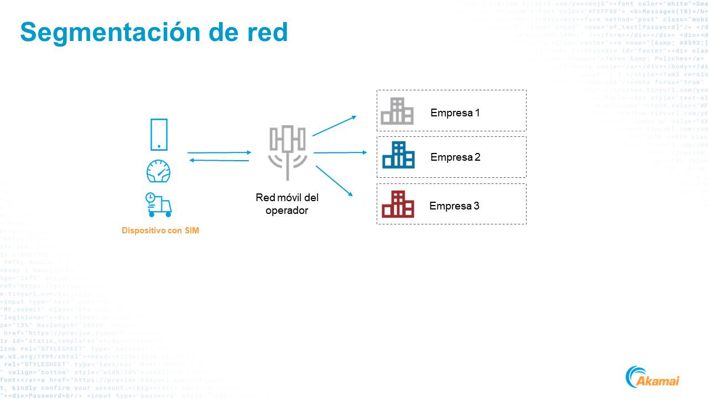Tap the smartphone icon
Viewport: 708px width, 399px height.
point(159,134)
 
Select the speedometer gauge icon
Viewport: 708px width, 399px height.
point(159,171)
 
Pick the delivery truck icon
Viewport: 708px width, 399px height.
point(159,204)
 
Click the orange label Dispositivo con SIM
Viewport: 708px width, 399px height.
point(160,231)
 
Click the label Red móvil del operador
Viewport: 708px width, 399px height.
point(287,204)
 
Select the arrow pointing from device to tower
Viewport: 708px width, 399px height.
point(219,152)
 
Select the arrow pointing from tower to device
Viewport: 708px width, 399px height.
point(219,161)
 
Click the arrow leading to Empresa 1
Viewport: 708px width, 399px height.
point(334,126)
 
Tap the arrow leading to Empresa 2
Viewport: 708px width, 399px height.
point(340,152)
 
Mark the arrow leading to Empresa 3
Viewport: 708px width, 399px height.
point(334,180)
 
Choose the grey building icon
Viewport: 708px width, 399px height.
point(397,111)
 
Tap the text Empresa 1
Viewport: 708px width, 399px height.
point(455,113)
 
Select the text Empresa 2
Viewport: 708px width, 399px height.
point(455,157)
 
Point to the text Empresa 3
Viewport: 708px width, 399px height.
point(454,206)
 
